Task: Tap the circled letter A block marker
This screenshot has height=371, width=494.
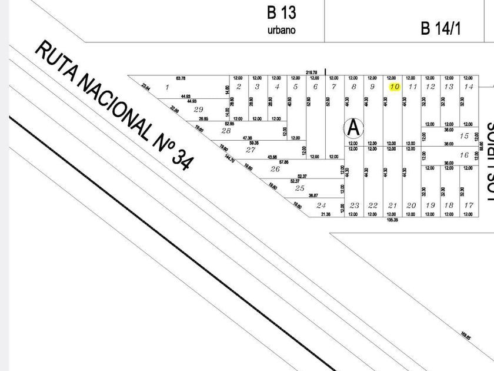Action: [353, 127]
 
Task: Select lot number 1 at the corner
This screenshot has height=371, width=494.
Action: [167, 88]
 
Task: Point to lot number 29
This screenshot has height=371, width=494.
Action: [198, 110]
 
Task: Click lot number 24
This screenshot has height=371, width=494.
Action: [321, 206]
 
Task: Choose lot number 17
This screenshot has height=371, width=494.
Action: [468, 206]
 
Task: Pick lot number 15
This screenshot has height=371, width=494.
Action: [464, 136]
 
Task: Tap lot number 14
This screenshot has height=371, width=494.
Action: [468, 87]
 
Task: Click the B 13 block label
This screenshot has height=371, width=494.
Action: [281, 12]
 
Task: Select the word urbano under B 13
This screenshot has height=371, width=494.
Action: [281, 30]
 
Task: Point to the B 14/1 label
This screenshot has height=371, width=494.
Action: [440, 28]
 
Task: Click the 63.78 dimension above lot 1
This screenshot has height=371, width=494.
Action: [181, 78]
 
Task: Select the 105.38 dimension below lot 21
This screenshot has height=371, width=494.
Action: [392, 220]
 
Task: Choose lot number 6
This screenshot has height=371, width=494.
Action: [315, 87]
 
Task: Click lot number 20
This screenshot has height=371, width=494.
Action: [411, 206]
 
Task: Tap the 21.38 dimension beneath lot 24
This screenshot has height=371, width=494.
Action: [326, 214]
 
